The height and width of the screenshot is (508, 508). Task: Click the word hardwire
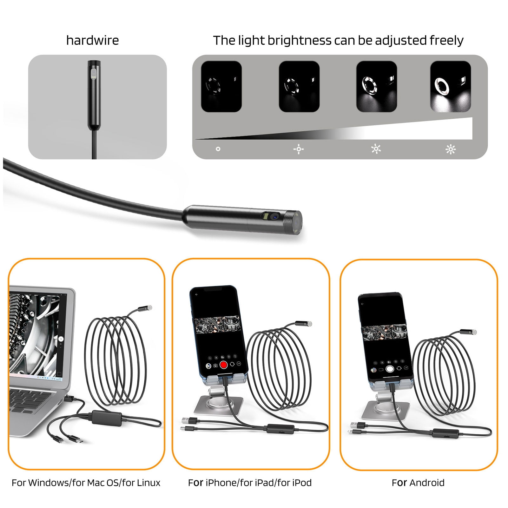[92, 40]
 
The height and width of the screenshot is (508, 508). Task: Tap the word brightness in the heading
[299, 40]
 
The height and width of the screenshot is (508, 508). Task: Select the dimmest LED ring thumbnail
[221, 86]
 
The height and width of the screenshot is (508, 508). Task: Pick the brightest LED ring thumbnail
[450, 86]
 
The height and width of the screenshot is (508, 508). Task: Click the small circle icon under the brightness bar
[218, 149]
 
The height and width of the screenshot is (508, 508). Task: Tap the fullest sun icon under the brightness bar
[450, 149]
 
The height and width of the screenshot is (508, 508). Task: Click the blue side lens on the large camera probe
[274, 217]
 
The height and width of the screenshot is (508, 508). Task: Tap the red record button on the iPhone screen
[223, 365]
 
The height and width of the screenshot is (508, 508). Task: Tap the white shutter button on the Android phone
[390, 369]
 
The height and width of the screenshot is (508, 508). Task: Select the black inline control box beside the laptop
[107, 418]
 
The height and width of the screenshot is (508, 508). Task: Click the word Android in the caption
[427, 483]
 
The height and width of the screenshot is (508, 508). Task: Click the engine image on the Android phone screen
[384, 333]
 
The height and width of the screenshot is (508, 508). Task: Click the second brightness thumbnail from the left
[299, 86]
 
